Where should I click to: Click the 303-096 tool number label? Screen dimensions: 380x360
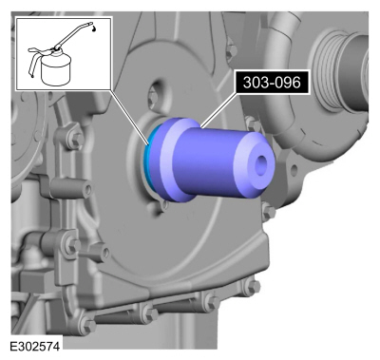pyautogui.click(x=272, y=83)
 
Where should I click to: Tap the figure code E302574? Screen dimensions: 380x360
pyautogui.click(x=34, y=347)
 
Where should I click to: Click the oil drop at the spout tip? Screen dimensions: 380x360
pyautogui.click(x=94, y=28)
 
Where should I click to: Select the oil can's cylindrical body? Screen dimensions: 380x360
pyautogui.click(x=56, y=72)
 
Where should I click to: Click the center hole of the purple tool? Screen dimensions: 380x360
pyautogui.click(x=261, y=165)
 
